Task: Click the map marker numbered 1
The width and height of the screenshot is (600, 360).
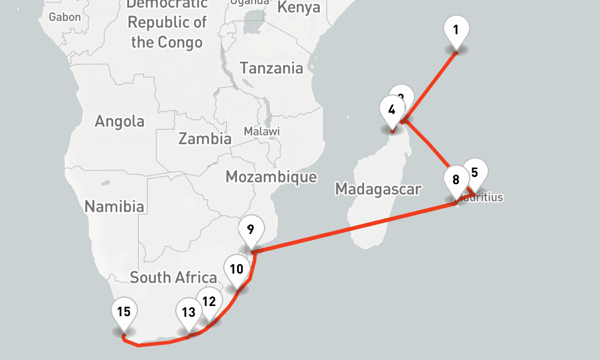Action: click(x=456, y=29)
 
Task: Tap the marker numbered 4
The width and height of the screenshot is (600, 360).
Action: click(x=392, y=110)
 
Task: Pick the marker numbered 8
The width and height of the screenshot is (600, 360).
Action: click(x=456, y=179)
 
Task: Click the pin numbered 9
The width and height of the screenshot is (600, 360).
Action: click(x=250, y=229)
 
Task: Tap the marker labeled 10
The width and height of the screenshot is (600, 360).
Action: click(x=237, y=268)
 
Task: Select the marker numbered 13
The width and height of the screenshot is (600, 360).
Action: click(x=188, y=312)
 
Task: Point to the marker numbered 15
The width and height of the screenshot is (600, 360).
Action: click(x=124, y=311)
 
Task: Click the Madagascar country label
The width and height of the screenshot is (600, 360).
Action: click(x=378, y=190)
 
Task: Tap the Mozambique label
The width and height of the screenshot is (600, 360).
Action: click(x=271, y=176)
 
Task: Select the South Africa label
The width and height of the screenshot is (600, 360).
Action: click(x=173, y=277)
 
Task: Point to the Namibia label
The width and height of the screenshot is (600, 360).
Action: click(x=114, y=207)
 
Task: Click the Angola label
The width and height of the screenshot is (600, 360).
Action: click(x=119, y=121)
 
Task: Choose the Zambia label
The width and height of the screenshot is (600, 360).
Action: click(x=205, y=139)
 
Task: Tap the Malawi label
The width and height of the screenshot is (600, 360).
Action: click(x=262, y=131)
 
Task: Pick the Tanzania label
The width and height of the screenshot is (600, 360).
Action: click(x=272, y=68)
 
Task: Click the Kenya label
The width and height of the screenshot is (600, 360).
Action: click(x=299, y=8)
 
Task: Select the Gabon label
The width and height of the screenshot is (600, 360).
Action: click(x=65, y=17)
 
